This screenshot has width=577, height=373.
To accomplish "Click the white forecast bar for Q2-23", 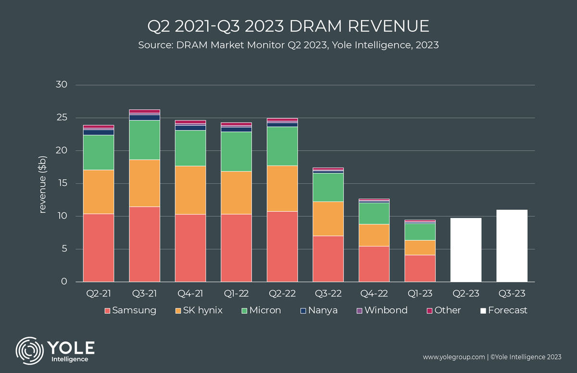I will pos(466,250).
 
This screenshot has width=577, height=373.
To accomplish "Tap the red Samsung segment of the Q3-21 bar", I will pos(144,244).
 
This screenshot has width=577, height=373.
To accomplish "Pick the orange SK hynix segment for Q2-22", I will pos(282,188).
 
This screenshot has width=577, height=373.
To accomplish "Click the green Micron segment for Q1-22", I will pos(236,152).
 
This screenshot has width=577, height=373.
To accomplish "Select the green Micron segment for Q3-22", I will pos(328,187).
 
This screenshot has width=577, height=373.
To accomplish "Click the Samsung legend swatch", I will pos(108,310).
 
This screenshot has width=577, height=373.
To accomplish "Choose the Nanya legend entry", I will pos(320,310).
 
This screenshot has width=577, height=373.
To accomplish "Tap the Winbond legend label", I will pos(386,310).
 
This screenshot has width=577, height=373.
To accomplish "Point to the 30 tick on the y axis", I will pos(66,85).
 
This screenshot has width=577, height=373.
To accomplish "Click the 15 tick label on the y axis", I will pos(66,183).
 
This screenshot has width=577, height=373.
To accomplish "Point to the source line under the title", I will pos(288,45).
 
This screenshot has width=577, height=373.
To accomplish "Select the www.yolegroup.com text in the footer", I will pos(453,357).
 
